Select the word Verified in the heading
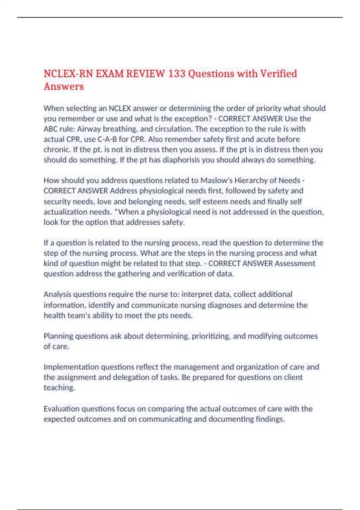click(278, 73)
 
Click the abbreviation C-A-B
click(107, 139)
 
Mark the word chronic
click(56, 149)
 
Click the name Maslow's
click(216, 180)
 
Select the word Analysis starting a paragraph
click(57, 294)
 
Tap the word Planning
click(58, 336)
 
